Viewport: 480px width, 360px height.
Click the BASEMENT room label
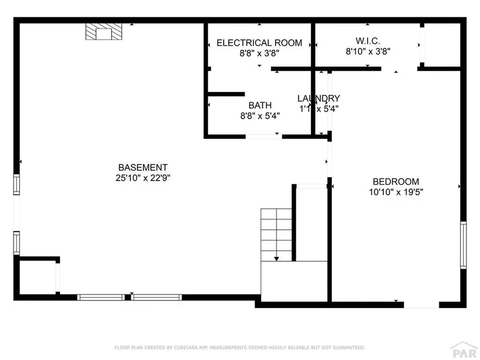pyautogui.click(x=142, y=167)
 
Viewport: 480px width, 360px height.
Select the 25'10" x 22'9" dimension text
pyautogui.click(x=142, y=178)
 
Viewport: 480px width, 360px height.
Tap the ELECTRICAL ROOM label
pyautogui.click(x=259, y=43)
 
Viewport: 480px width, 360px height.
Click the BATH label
pyautogui.click(x=260, y=105)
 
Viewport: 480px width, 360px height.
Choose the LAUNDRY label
pyautogui.click(x=318, y=98)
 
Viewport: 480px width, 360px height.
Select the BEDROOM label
pyautogui.click(x=396, y=181)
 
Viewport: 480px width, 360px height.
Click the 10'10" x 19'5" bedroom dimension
pyautogui.click(x=396, y=192)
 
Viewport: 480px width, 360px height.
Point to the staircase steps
pyautogui.click(x=277, y=232)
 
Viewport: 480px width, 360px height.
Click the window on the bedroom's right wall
pyautogui.click(x=463, y=245)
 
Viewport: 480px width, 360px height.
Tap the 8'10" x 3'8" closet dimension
pyautogui.click(x=368, y=52)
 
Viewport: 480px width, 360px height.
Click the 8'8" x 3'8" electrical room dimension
pyautogui.click(x=259, y=53)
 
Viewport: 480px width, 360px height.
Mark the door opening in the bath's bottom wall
pyautogui.click(x=263, y=136)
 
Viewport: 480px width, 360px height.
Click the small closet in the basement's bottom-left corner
pyautogui.click(x=37, y=277)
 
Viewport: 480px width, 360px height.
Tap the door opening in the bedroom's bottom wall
pyautogui.click(x=421, y=305)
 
